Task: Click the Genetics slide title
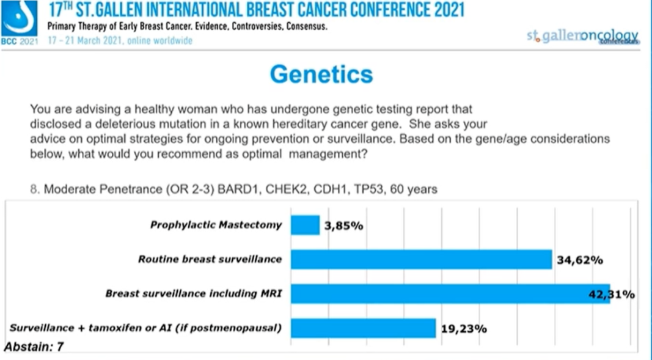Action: pos(321,74)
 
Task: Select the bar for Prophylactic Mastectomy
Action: pos(305,225)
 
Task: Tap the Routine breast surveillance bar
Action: pos(421,259)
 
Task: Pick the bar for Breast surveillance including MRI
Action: pos(450,293)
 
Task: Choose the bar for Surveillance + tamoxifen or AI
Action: pos(363,328)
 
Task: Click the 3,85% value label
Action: pos(344,226)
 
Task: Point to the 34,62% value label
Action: pos(580,260)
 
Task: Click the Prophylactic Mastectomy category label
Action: pos(216,225)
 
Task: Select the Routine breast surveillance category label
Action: pos(210,259)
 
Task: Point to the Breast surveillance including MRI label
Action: pos(193,293)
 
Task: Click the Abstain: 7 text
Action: pos(34,347)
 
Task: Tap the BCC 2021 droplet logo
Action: pos(19,20)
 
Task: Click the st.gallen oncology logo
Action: pos(582,36)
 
